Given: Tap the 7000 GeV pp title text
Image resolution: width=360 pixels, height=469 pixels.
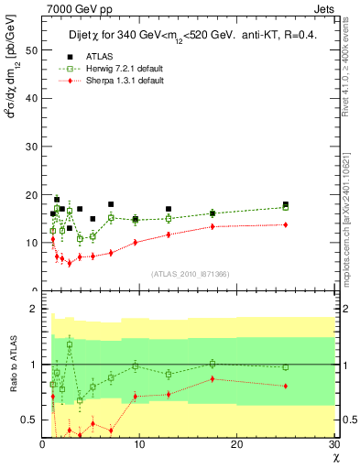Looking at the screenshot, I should [x=71, y=8].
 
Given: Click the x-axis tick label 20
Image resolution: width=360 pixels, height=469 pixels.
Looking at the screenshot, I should [x=237, y=444].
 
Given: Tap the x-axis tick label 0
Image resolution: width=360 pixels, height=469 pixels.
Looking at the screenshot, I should [x=42, y=444].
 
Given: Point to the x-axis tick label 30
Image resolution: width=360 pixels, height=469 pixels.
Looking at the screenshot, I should [x=333, y=444].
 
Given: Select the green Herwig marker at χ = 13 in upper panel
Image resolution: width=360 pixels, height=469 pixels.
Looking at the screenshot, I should [x=169, y=219].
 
